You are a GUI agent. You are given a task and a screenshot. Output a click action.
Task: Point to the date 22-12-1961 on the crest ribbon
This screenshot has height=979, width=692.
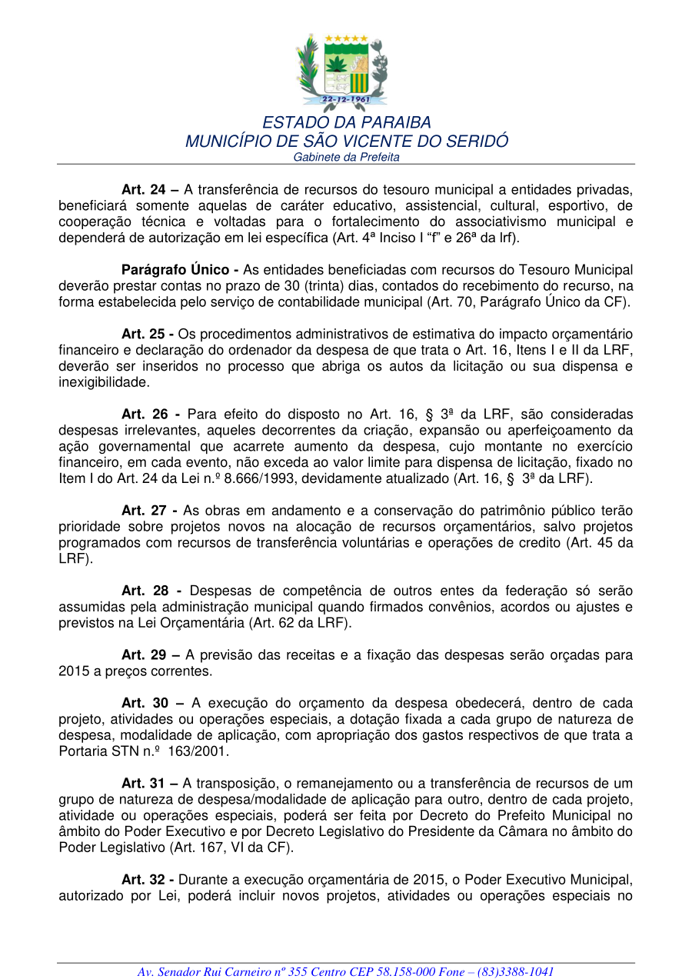pyautogui.click(x=346, y=99)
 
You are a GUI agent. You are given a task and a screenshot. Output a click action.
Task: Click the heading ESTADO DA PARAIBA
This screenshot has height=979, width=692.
pyautogui.click(x=347, y=123)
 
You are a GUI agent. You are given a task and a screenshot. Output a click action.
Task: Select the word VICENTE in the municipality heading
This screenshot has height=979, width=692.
pyautogui.click(x=370, y=142)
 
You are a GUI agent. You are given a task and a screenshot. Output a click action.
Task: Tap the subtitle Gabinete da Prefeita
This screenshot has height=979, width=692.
pyautogui.click(x=347, y=157)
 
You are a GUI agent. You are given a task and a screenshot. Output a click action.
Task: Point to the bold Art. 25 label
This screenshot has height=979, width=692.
pyautogui.click(x=145, y=334)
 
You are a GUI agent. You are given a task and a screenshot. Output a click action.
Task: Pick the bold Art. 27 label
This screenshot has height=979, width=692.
pyautogui.click(x=145, y=511)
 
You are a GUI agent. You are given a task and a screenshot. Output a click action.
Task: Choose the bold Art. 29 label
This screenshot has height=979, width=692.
pyautogui.click(x=145, y=655)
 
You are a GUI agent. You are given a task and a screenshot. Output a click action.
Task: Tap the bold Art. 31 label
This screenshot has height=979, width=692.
pyautogui.click(x=145, y=784)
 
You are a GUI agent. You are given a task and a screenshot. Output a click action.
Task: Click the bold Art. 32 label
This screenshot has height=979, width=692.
pyautogui.click(x=145, y=880)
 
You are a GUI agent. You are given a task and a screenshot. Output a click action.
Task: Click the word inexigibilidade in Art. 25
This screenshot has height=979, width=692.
pyautogui.click(x=105, y=382)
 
